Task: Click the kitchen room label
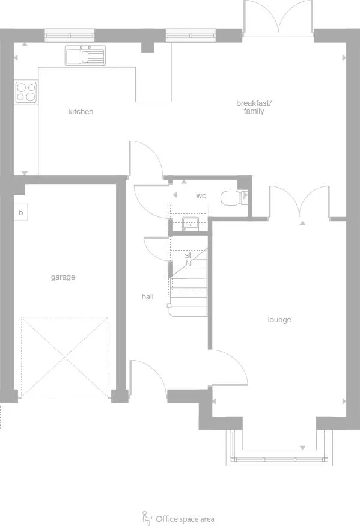pos(81,112)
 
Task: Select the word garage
pos(63,277)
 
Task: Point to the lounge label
pos(279,319)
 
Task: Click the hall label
pos(148,296)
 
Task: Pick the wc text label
pos(201,196)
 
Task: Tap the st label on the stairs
pos(188,256)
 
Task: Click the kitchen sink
pos(85,55)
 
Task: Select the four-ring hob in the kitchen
pos(26,92)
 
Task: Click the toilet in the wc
pos(232,198)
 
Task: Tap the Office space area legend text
pos(185,519)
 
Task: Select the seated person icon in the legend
pos(146,517)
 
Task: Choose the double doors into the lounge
pos(299,202)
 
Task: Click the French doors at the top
pos(278,17)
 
